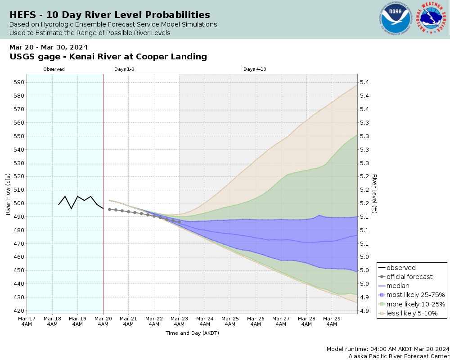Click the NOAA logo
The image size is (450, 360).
(396, 19)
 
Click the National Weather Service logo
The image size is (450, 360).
(432, 19)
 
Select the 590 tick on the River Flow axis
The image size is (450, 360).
(20, 82)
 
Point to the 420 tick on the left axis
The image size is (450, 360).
(20, 311)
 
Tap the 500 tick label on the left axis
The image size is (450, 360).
(20, 203)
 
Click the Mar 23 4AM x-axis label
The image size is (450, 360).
(180, 321)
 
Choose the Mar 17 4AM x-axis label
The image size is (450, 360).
(27, 321)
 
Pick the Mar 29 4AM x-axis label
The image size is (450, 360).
(332, 321)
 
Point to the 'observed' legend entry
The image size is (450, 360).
(401, 268)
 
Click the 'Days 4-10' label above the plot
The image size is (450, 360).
(255, 69)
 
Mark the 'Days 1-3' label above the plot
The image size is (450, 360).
(124, 69)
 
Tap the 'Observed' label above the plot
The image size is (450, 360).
(54, 69)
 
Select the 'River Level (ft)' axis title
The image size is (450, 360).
(374, 193)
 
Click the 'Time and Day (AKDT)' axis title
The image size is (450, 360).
(192, 333)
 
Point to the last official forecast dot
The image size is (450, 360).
(179, 222)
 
